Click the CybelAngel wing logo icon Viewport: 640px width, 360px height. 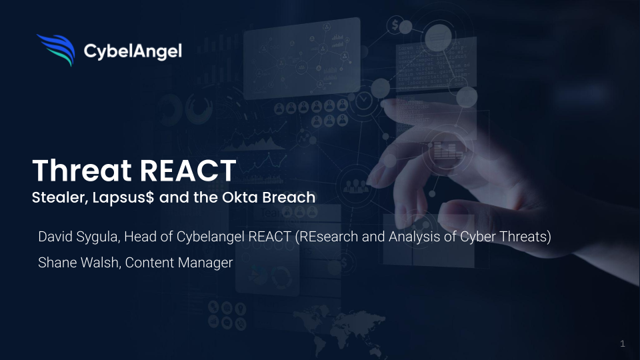56,50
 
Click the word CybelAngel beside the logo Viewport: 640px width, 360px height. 133,51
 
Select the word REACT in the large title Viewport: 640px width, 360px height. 188,170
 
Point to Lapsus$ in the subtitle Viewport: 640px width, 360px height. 123,198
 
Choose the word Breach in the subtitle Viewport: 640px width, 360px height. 289,197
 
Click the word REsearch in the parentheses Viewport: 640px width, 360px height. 327,236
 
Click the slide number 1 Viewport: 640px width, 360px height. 623,343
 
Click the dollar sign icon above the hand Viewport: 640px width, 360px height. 395,25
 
